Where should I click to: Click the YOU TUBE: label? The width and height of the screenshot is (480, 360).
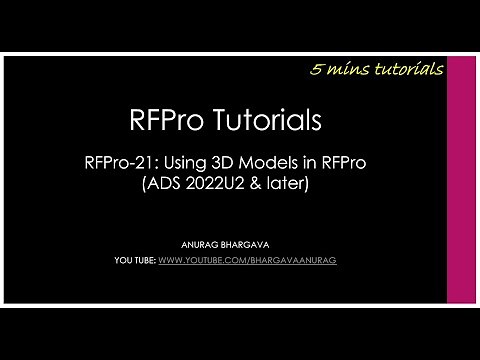tap(137, 260)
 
